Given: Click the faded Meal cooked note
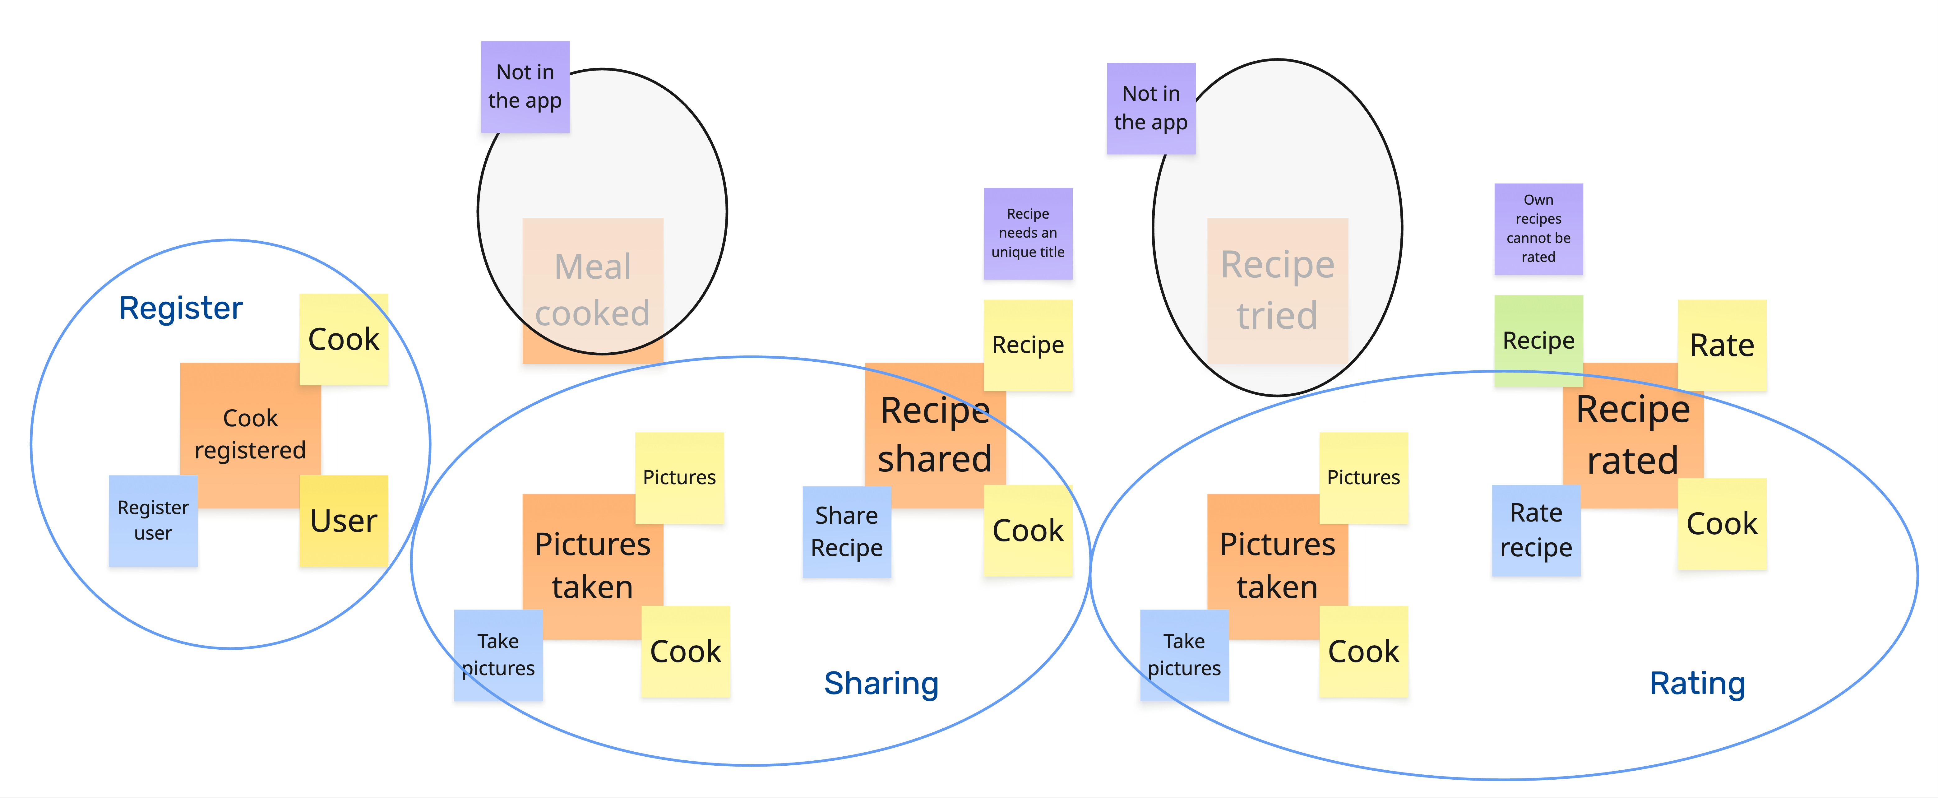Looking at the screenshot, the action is pos(593,290).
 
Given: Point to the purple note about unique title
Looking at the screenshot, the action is pos(1028,233).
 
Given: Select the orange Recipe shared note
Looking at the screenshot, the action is pos(935,435).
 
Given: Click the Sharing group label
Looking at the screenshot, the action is pos(881,684).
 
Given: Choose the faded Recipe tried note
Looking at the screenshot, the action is pos(1278,290).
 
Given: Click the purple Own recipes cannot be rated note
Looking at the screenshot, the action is pos(1538,229).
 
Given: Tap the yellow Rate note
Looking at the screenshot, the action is pos(1722,345).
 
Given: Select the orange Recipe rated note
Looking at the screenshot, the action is pos(1633,435).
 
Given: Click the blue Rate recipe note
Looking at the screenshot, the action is pos(1536,530).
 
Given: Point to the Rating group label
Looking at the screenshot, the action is pos(1697,684).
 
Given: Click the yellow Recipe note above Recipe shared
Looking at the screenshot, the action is pos(1028,345).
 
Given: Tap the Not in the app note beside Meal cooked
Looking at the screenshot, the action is pos(525,86).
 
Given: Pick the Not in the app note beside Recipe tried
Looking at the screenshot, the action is pos(1151,109).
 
